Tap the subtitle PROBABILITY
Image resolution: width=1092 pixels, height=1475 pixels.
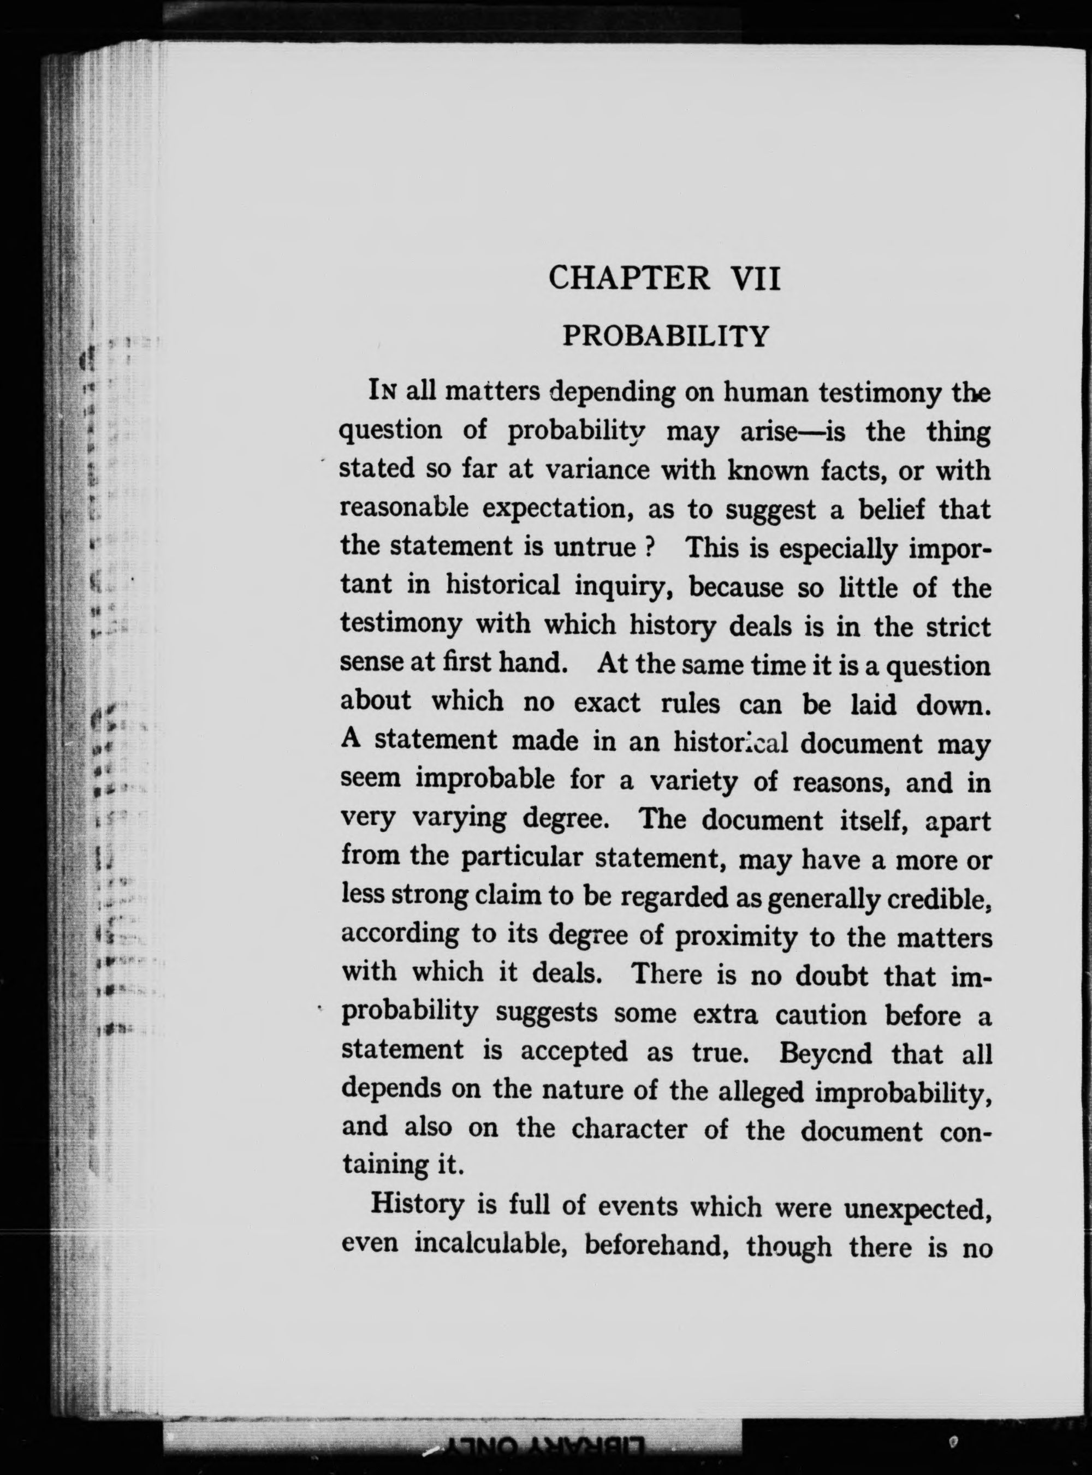click(666, 336)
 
